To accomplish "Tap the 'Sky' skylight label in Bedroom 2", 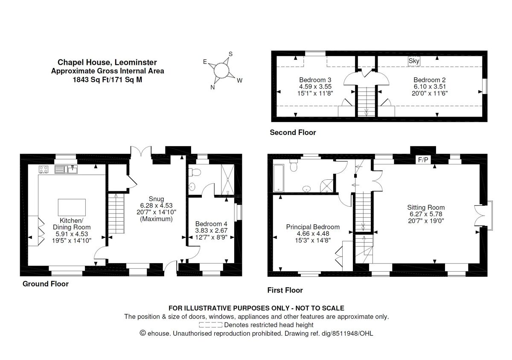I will pyautogui.click(x=414, y=61).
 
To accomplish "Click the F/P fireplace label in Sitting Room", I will pyautogui.click(x=423, y=161).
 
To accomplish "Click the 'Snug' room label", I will pyautogui.click(x=156, y=198).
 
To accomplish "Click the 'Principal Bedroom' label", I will pyautogui.click(x=313, y=227).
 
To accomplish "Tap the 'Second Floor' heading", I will pyautogui.click(x=293, y=132).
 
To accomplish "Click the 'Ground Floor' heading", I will pyautogui.click(x=45, y=284).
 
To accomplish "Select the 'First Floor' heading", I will pyautogui.click(x=285, y=290).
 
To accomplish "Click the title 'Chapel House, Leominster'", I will pyautogui.click(x=108, y=63).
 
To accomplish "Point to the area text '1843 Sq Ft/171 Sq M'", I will pyautogui.click(x=108, y=79).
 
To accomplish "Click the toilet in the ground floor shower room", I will pyautogui.click(x=195, y=172).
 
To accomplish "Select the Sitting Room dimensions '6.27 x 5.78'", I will pyautogui.click(x=427, y=214).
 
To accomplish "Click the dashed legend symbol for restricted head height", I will pyautogui.click(x=210, y=325).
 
